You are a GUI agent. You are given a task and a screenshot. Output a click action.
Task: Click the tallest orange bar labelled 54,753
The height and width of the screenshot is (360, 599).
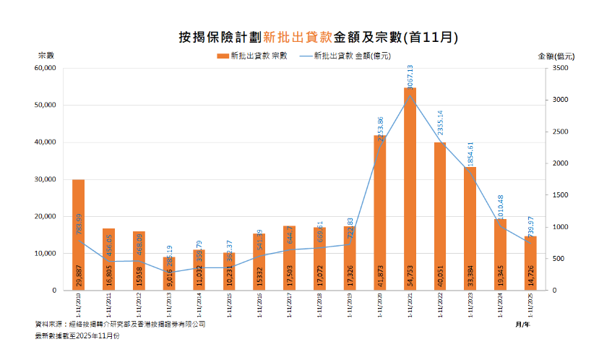[410, 188]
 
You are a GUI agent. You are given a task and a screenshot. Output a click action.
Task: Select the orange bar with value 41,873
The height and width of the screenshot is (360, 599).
[379, 210]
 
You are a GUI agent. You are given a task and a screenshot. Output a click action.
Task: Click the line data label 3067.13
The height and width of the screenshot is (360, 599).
[410, 77]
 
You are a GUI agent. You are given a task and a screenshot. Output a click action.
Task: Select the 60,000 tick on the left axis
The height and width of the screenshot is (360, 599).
[45, 68]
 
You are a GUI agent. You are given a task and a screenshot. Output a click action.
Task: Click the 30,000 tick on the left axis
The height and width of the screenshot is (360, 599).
[45, 179]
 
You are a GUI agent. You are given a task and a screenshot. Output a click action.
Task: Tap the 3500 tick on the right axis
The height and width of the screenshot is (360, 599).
[561, 68]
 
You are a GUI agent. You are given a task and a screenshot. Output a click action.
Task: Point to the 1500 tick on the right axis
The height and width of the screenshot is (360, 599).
[561, 195]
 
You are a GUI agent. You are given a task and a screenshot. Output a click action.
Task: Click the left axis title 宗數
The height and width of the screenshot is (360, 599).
[46, 55]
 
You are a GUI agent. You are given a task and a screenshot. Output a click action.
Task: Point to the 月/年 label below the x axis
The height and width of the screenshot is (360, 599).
[522, 325]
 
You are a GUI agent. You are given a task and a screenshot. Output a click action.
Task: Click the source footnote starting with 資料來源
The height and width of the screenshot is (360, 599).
[120, 325]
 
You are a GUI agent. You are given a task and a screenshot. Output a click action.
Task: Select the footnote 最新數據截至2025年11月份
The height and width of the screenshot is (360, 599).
[77, 336]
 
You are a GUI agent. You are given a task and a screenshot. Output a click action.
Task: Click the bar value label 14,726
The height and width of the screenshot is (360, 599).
[531, 278]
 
